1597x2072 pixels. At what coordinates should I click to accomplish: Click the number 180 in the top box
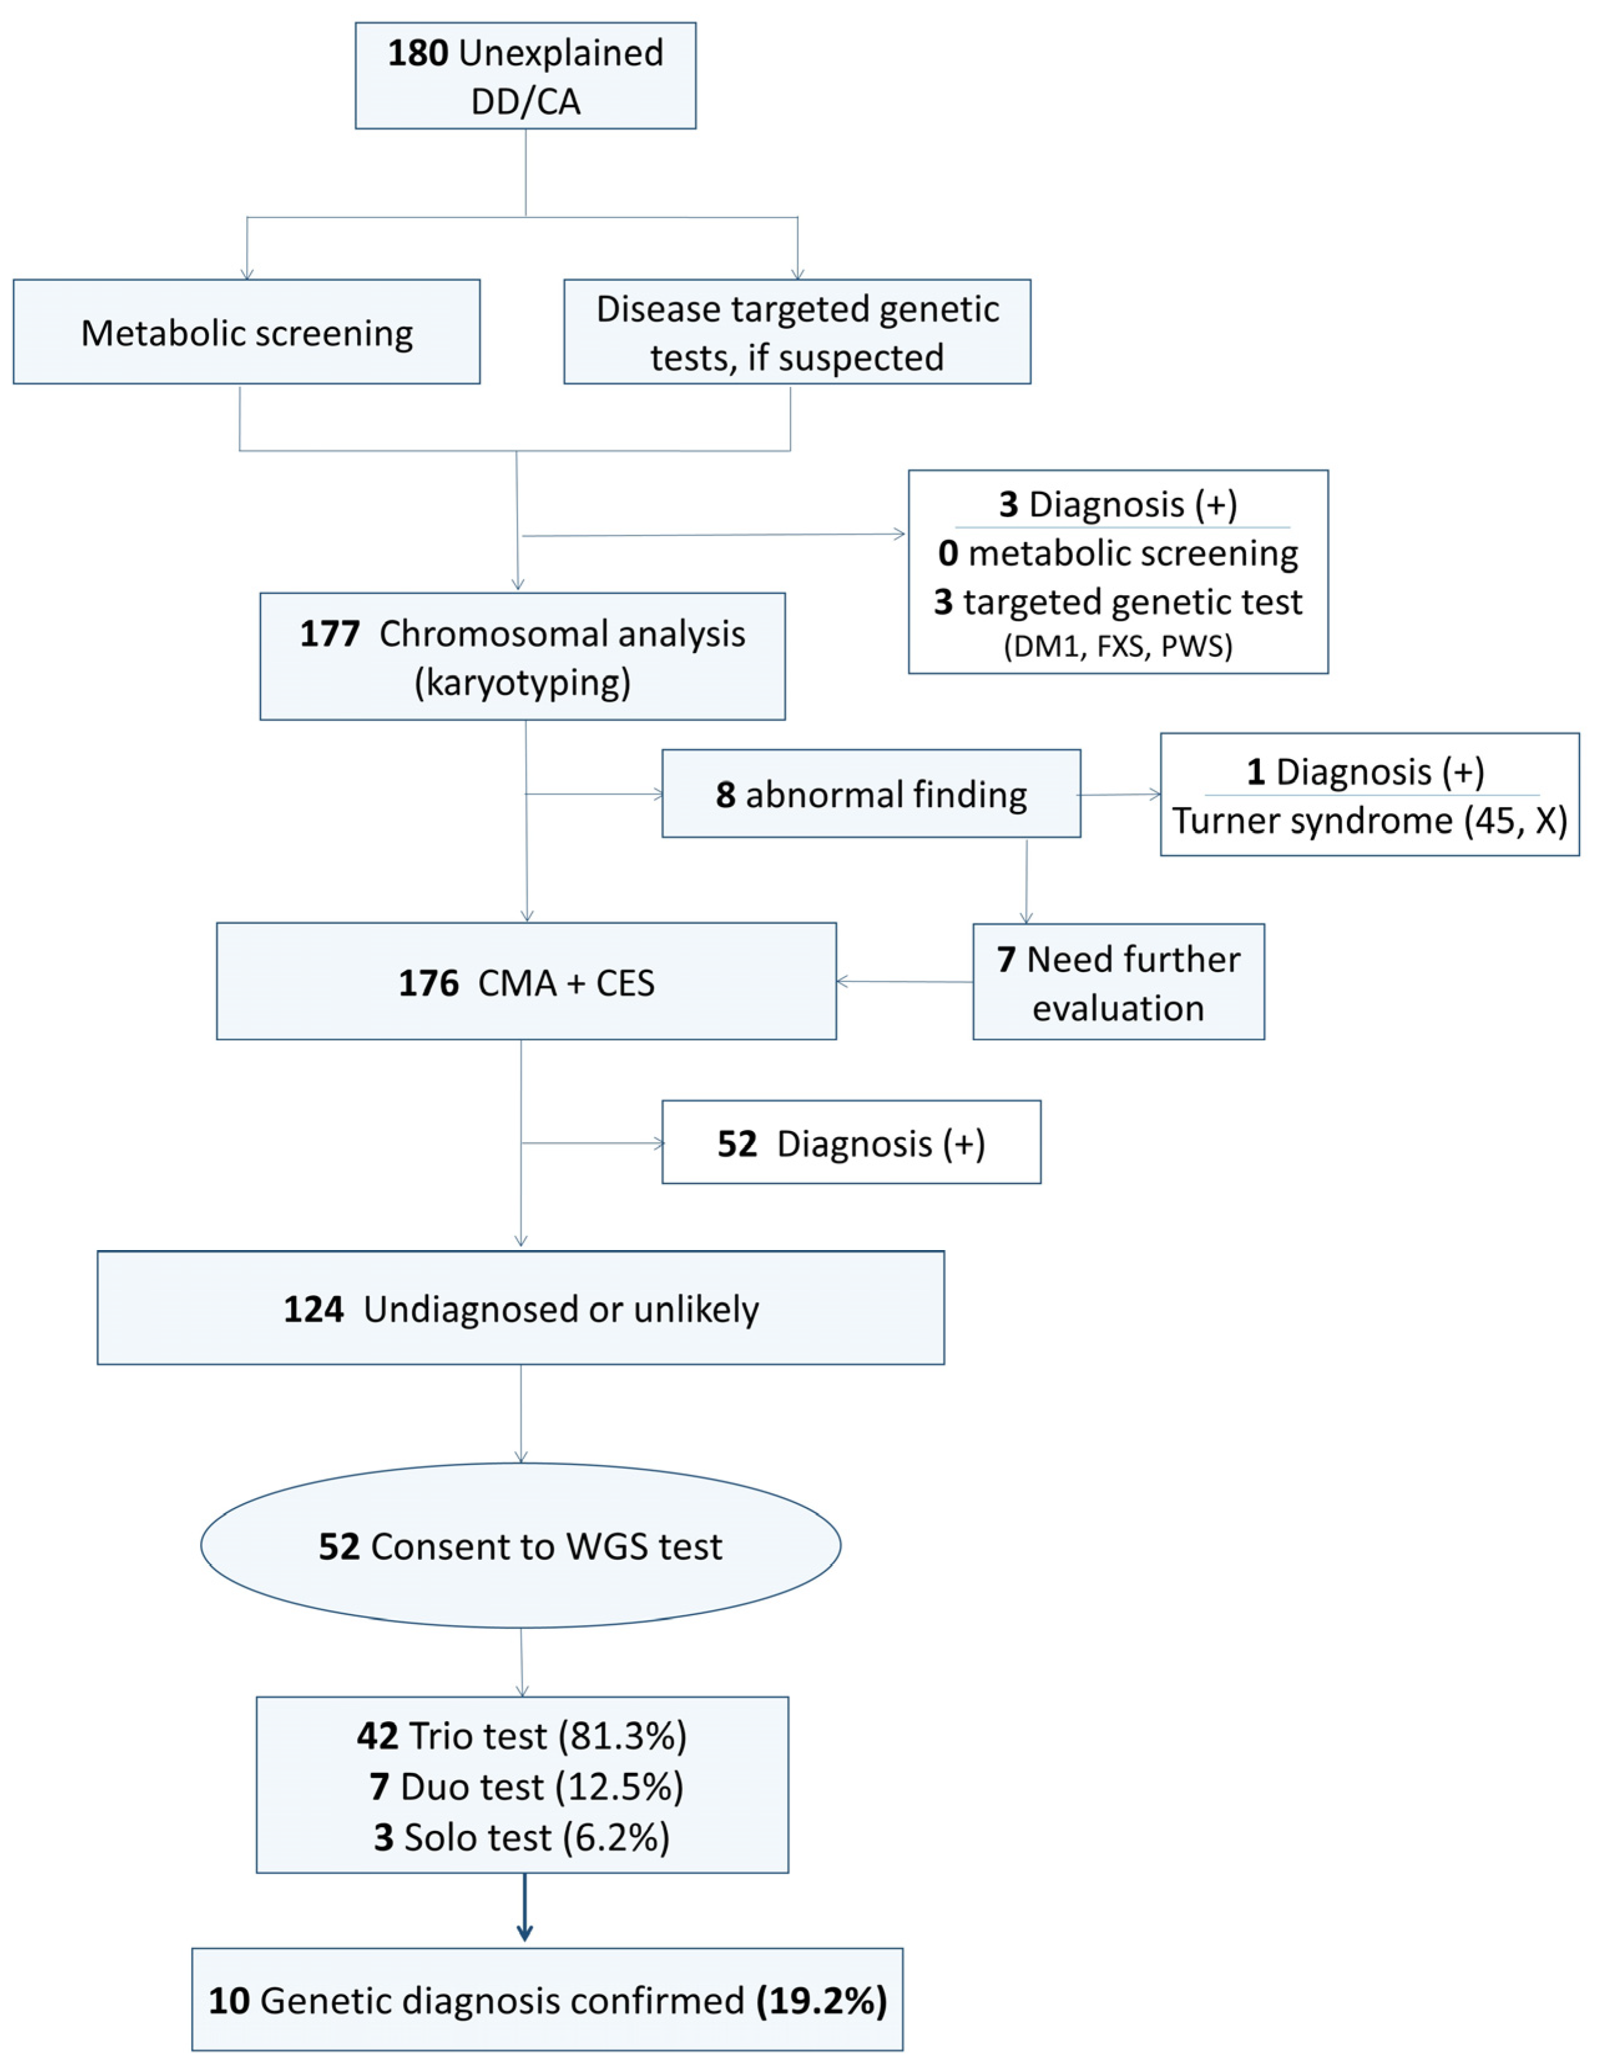417,53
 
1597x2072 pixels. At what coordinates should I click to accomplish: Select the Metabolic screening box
247,332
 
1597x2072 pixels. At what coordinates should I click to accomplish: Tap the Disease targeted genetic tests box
797,332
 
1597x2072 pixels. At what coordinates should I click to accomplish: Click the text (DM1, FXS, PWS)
1118,646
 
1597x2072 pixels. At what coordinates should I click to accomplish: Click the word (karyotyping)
522,682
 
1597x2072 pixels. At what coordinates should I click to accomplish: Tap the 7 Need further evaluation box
1118,982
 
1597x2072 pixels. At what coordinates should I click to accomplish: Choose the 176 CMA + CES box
526,982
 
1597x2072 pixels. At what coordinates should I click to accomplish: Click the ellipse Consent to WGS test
520,1547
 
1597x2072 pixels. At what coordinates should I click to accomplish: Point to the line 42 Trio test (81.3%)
522,1735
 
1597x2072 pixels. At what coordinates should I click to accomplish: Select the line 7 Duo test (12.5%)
526,1787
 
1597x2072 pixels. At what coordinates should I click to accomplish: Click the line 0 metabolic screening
1118,553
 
